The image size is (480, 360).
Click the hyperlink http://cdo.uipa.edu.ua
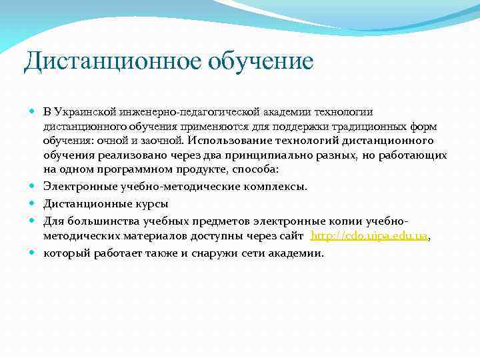click(x=369, y=236)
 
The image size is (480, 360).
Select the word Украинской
click(x=87, y=111)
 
